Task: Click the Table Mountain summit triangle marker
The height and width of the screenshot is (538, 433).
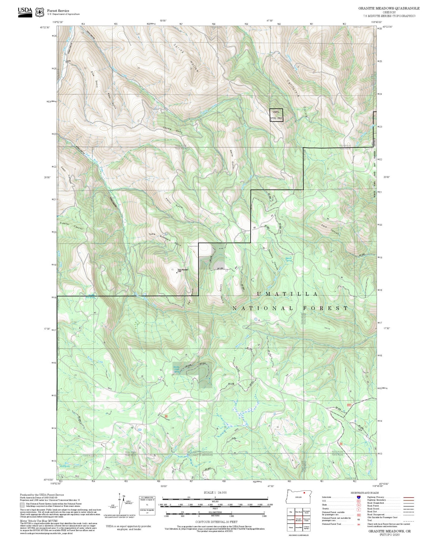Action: (x=176, y=273)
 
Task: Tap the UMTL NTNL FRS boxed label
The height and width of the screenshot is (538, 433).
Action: (x=276, y=115)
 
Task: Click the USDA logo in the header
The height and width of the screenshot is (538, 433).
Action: (x=25, y=12)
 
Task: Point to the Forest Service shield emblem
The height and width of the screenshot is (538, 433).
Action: (x=40, y=12)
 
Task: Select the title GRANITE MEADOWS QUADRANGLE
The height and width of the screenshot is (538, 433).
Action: (x=389, y=8)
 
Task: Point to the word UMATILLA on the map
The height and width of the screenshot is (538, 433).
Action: (x=287, y=294)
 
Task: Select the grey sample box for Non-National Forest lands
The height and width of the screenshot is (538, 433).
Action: (x=22, y=505)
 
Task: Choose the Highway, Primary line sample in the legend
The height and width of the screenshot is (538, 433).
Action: (x=408, y=497)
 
